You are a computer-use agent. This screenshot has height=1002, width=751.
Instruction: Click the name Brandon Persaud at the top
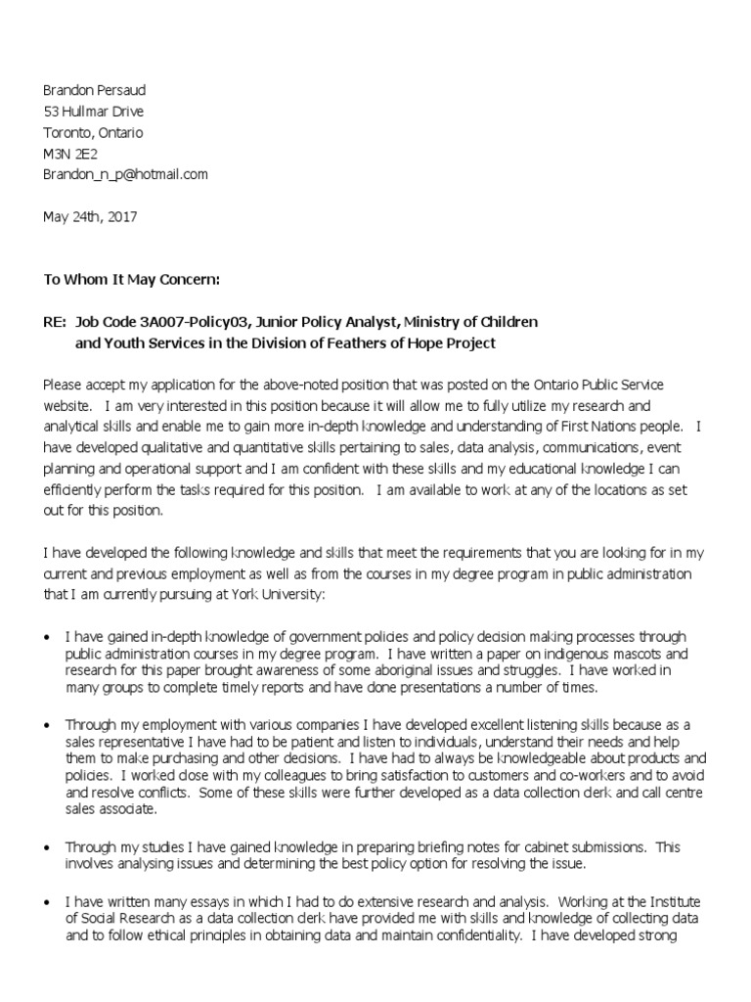pyautogui.click(x=95, y=90)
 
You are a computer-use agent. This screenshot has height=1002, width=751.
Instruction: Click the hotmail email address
pyautogui.click(x=125, y=174)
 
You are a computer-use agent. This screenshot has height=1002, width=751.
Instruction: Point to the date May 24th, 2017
pyautogui.click(x=90, y=217)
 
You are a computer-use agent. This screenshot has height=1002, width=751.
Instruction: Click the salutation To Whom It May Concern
pyautogui.click(x=132, y=280)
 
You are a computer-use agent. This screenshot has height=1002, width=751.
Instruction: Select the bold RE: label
pyautogui.click(x=55, y=322)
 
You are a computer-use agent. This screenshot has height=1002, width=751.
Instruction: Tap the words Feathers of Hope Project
pyautogui.click(x=411, y=343)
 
